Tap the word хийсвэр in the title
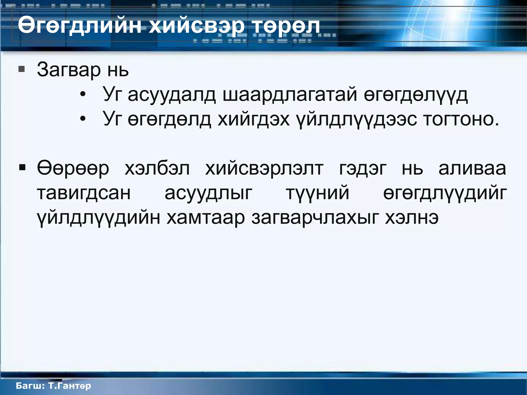pos(196,26)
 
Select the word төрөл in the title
pos(286,26)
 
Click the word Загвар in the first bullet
pos(69,70)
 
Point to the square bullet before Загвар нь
pos(22,69)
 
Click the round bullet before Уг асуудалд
pos(82,94)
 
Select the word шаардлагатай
pos(290,94)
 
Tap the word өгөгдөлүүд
pos(416,94)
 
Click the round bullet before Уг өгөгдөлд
pos(82,119)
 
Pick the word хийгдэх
pos(253,119)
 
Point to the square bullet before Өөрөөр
pos(22,168)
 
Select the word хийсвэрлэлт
pos(264,168)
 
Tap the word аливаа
pos(472,168)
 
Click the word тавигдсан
pos(84,193)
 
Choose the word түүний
pos(318,193)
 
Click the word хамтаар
pos(205,218)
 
